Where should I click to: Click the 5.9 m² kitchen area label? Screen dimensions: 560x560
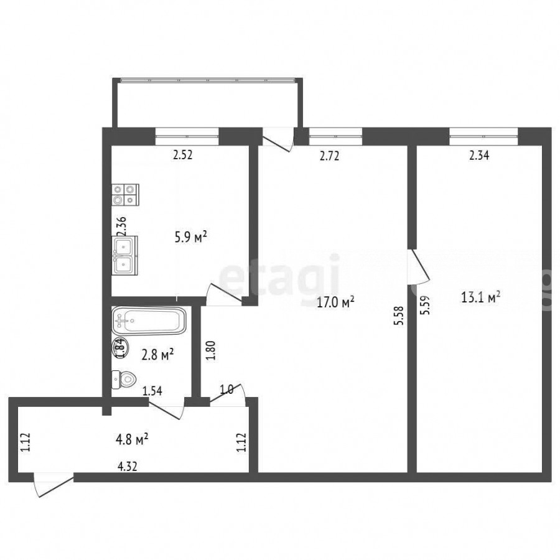point(191,237)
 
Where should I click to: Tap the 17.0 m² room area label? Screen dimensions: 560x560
point(336,303)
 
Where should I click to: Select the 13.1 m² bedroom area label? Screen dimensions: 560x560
point(481,297)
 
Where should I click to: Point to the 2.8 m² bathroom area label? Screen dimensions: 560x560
point(157,355)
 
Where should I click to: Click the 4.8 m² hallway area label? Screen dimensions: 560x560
point(132,440)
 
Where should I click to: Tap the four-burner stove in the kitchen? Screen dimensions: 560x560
point(125,195)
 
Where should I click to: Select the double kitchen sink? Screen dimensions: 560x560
point(124,256)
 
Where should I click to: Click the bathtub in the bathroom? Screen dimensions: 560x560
point(149,320)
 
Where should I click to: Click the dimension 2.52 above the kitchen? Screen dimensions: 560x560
point(183,155)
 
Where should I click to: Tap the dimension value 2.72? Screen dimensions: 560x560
point(329,156)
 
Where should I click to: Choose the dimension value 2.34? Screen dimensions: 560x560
point(479,156)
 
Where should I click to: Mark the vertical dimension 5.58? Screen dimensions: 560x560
point(399,315)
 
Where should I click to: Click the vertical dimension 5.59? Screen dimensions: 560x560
point(425,306)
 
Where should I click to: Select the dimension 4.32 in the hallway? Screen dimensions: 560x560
point(127,467)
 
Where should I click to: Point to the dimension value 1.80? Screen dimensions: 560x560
point(211,351)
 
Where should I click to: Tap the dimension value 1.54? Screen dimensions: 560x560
point(152,391)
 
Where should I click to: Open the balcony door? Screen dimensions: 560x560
point(278,139)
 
